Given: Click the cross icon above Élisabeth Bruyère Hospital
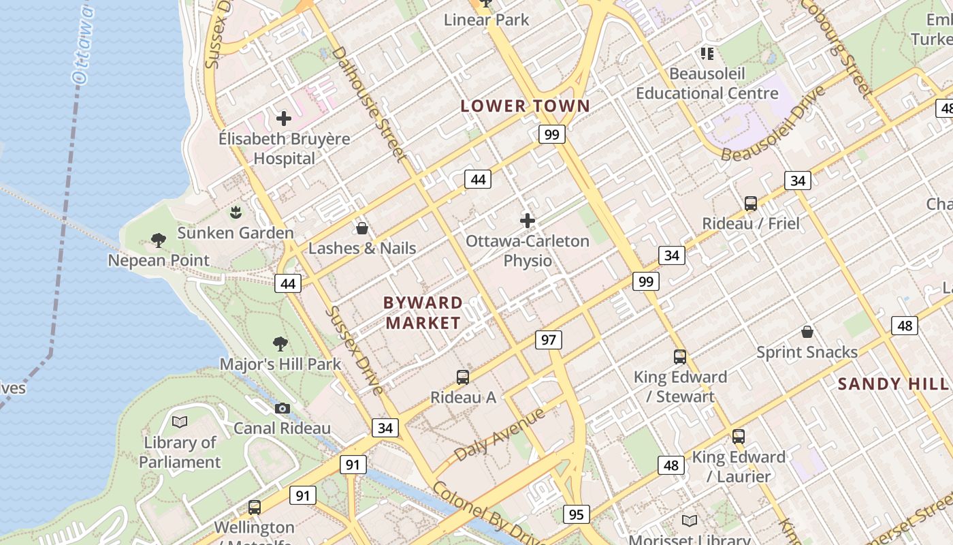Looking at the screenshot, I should coord(284,119).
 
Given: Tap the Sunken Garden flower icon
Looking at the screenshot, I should coord(236,212).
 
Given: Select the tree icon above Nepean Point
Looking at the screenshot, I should coord(159,240).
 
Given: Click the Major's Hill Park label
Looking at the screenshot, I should coord(280,364).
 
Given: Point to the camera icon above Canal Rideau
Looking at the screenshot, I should coord(282,408).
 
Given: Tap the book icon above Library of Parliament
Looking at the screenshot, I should coord(180,422).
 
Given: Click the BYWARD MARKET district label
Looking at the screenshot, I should coord(423,313).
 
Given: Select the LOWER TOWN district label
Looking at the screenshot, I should coord(525,106).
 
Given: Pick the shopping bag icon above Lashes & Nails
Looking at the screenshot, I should coord(362,228).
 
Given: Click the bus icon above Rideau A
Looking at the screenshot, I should coord(463,377).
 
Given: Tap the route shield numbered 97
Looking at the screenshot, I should coord(549,339).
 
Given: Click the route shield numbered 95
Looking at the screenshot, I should coord(576,514).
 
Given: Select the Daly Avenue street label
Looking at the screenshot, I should coord(500,435).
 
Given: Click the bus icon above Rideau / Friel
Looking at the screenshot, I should coord(751,203).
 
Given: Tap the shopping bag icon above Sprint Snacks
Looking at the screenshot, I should coord(807,332).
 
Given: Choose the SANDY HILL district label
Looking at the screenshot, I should coord(892,384).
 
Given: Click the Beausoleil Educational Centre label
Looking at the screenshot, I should coord(707,83).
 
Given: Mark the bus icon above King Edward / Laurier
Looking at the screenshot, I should coord(739,437).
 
